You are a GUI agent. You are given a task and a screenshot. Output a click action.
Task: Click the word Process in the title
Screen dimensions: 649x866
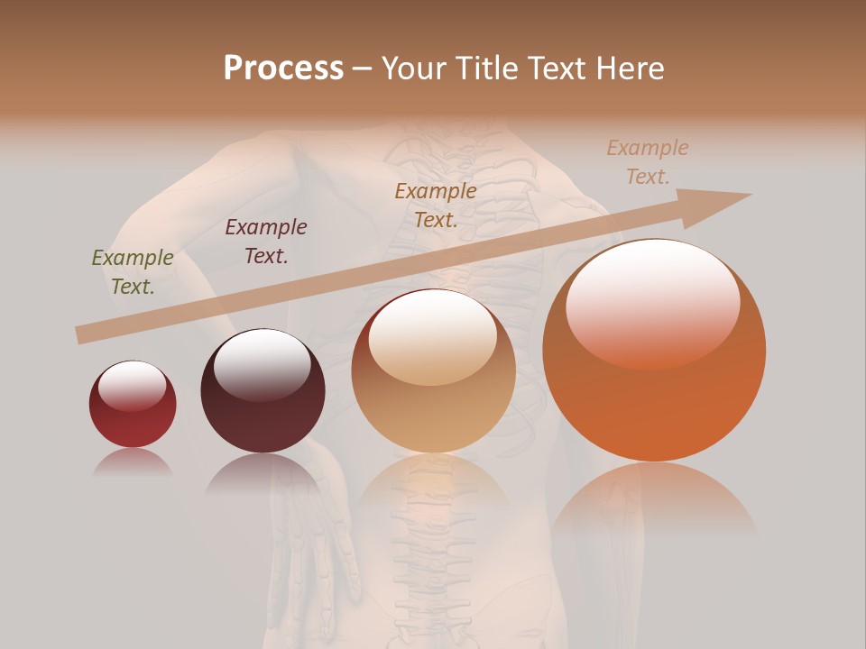pos(283,69)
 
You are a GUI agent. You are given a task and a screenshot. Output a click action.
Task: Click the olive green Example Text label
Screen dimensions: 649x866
pos(133,272)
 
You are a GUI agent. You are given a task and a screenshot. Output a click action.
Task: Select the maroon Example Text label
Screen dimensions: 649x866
pos(266,242)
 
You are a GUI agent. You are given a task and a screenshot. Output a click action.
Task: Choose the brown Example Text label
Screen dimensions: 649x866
pos(436,206)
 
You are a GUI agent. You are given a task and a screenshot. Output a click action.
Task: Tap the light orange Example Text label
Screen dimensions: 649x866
pos(648,162)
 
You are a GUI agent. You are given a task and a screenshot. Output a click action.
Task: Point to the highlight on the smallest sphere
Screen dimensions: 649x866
pos(133,386)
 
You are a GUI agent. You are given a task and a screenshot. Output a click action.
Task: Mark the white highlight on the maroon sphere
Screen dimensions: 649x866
pos(262,362)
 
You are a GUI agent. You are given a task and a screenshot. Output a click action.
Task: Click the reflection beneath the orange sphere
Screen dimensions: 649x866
pos(654,500)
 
